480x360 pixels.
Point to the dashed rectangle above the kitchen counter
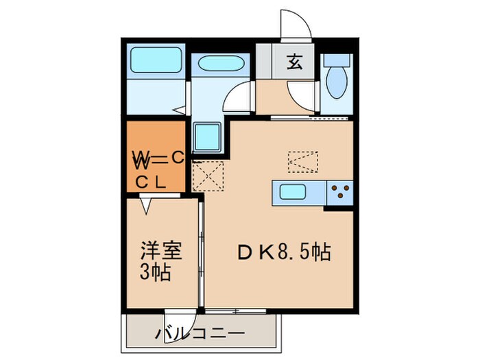(304, 160)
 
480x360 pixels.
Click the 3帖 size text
(156, 273)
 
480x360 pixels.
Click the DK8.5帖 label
(284, 252)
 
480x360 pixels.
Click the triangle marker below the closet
(146, 204)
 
